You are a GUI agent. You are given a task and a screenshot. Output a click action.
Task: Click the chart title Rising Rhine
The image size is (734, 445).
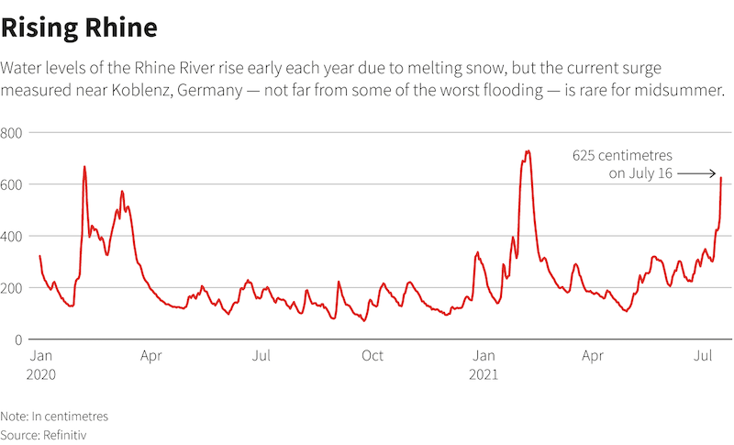click(x=79, y=28)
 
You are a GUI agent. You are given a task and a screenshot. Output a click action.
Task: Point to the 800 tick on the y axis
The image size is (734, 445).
click(x=12, y=133)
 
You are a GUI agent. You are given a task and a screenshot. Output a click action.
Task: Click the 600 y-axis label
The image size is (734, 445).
click(x=12, y=184)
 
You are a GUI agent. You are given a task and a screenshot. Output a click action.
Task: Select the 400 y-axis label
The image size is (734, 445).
click(x=12, y=236)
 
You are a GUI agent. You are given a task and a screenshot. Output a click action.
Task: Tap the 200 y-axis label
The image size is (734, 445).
click(x=12, y=288)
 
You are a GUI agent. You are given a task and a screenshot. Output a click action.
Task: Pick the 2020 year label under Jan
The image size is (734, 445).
click(x=41, y=374)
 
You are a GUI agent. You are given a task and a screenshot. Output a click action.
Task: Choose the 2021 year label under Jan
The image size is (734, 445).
click(x=484, y=374)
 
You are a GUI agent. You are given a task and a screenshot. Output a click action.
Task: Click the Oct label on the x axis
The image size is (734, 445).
click(x=373, y=355)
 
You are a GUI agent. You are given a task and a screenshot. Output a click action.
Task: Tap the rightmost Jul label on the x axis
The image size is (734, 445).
click(x=705, y=355)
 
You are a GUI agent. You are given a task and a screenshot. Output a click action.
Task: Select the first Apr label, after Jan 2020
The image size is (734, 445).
click(x=151, y=355)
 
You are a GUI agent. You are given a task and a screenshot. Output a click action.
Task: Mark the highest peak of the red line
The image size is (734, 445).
click(x=528, y=151)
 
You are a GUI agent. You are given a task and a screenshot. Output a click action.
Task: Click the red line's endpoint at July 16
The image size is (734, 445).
click(x=721, y=178)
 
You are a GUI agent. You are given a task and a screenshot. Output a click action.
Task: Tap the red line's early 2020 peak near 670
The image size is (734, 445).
click(x=84, y=167)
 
